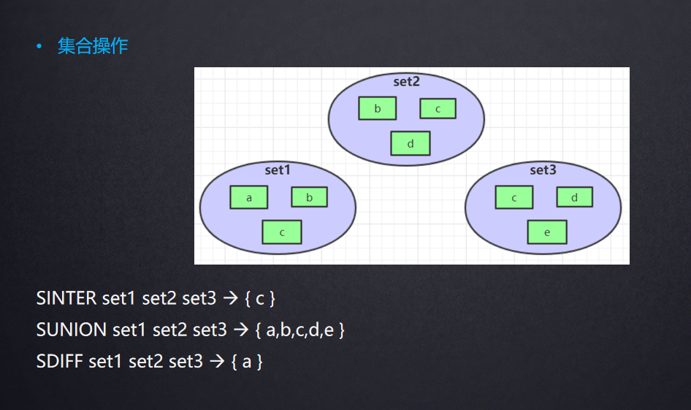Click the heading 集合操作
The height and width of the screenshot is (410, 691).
[93, 47]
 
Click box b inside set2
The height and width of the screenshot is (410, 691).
[377, 109]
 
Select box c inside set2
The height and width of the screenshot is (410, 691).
[438, 109]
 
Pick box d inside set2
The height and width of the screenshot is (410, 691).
[410, 143]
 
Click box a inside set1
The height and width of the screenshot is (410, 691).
[248, 197]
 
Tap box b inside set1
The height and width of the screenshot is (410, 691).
[309, 197]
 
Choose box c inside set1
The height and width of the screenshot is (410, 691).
[281, 232]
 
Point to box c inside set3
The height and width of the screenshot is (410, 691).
[514, 197]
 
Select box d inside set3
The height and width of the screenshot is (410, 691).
[574, 197]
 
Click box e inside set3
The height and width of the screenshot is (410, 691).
[546, 232]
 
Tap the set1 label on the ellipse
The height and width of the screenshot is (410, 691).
[278, 170]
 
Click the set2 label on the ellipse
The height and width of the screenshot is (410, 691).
[406, 82]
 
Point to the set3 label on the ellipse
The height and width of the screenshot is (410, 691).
[543, 170]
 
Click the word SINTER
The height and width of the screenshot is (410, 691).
[66, 298]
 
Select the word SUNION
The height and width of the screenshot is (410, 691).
[72, 330]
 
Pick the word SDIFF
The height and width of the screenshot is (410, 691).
[59, 361]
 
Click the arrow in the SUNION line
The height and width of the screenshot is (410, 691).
[241, 330]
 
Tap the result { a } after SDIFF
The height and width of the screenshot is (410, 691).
[247, 361]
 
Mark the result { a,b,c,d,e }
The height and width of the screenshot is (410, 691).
[300, 330]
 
